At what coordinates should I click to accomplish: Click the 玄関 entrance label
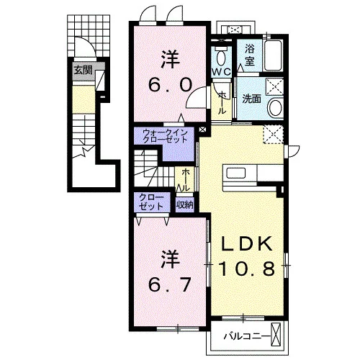tap(83, 71)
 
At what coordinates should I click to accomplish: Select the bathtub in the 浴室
tap(273, 55)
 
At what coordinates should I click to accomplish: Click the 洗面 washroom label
tap(251, 99)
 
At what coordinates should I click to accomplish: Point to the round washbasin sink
tap(276, 108)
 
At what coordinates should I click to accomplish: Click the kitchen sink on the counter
tap(236, 173)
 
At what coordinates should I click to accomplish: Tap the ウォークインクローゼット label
tap(165, 136)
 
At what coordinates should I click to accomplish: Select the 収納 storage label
tap(185, 204)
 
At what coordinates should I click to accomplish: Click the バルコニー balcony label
tap(246, 336)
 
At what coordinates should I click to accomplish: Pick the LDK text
tap(247, 244)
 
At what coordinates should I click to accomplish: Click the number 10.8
tap(246, 269)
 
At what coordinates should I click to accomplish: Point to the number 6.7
tap(170, 284)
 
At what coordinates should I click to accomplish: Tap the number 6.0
tap(170, 86)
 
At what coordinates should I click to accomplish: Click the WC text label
tap(221, 71)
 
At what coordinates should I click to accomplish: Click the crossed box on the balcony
tap(276, 335)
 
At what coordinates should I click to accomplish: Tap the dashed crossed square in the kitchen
tap(274, 134)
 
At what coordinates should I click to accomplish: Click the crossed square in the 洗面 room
tap(274, 86)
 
